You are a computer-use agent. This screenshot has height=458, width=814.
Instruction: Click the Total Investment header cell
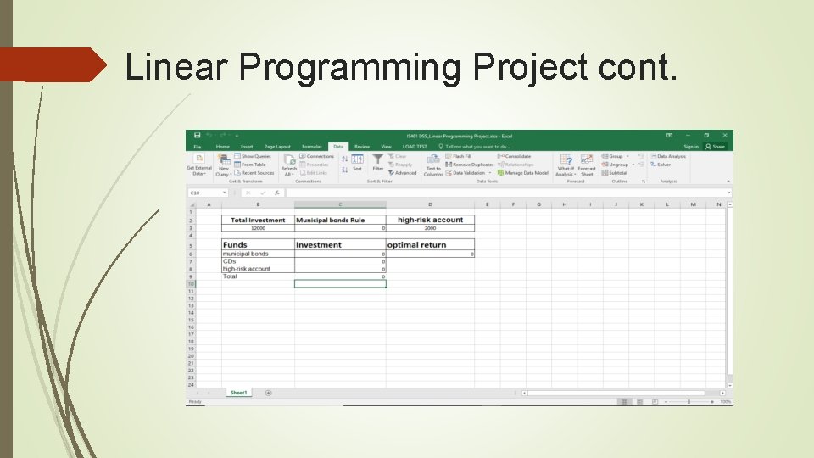[x=258, y=221]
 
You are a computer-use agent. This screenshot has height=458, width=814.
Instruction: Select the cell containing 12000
[x=258, y=228]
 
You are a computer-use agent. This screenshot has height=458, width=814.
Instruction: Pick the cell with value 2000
[x=430, y=228]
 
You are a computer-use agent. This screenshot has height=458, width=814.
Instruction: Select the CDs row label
[x=230, y=261]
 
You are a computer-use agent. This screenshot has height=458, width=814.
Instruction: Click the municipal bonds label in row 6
[x=246, y=254]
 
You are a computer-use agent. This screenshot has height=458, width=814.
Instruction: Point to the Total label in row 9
[x=231, y=276]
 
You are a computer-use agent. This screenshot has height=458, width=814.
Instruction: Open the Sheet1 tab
[x=238, y=393]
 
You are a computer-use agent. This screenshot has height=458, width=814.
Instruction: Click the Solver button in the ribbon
[x=663, y=165]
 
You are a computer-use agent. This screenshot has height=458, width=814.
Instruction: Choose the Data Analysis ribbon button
[x=671, y=156]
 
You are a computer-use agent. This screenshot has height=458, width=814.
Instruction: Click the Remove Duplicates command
[x=472, y=165]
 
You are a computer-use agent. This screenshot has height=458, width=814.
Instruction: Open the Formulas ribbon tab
[x=312, y=147]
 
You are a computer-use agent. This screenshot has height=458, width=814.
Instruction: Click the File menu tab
[x=198, y=147]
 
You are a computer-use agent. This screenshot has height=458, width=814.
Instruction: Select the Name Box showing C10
[x=205, y=193]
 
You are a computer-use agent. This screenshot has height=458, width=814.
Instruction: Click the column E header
[x=487, y=204]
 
